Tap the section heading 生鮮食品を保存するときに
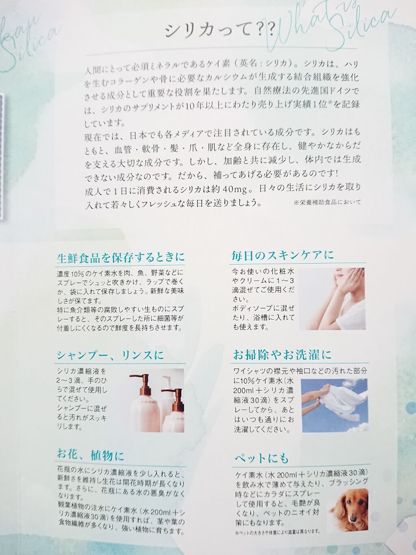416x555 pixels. click(x=121, y=258)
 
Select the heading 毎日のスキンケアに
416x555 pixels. click(x=283, y=255)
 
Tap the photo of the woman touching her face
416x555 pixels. click(x=332, y=299)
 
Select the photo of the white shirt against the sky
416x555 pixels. click(x=335, y=405)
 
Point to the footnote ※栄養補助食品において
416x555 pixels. click(x=327, y=202)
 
